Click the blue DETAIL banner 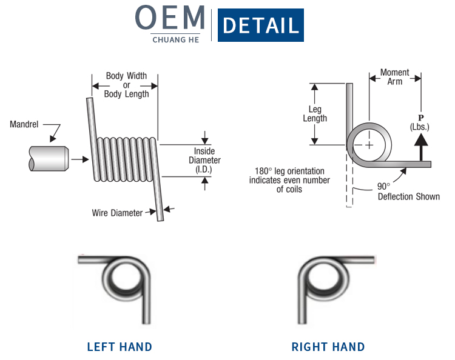(x=260, y=25)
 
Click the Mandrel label (x=24, y=125)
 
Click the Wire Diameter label (x=117, y=213)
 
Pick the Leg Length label (x=315, y=114)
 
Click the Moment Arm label (x=394, y=77)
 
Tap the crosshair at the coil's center (x=368, y=145)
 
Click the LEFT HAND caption (x=120, y=347)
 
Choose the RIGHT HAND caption (x=328, y=347)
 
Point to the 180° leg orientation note (x=290, y=180)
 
